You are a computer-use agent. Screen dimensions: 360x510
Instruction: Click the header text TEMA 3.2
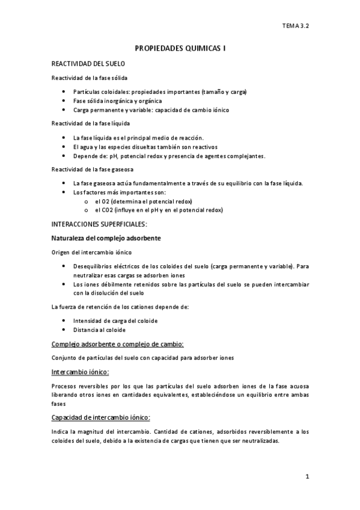tap(296, 26)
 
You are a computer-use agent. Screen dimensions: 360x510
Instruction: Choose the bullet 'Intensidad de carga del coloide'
tap(115, 321)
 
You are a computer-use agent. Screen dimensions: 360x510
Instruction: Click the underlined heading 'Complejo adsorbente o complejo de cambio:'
tap(117, 344)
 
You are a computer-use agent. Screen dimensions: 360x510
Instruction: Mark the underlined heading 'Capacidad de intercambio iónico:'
tap(101, 417)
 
